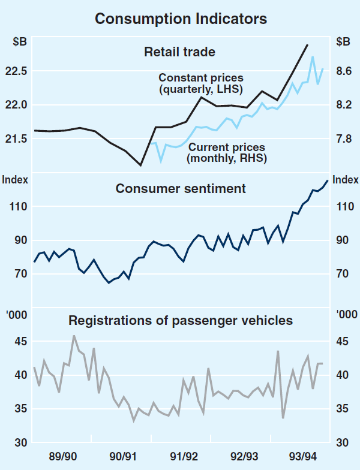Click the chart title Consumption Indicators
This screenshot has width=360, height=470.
(180, 19)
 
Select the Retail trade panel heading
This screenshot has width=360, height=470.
(179, 52)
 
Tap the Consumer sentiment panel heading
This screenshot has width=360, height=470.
(181, 189)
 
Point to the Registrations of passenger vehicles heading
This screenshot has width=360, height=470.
(181, 321)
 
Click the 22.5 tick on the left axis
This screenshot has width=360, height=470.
(16, 71)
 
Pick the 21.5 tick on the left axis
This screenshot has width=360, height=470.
(16, 139)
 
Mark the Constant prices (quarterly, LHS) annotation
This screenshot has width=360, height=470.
(201, 83)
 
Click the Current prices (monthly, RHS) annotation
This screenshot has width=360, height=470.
(226, 153)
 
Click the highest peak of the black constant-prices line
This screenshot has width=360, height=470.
(307, 45)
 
